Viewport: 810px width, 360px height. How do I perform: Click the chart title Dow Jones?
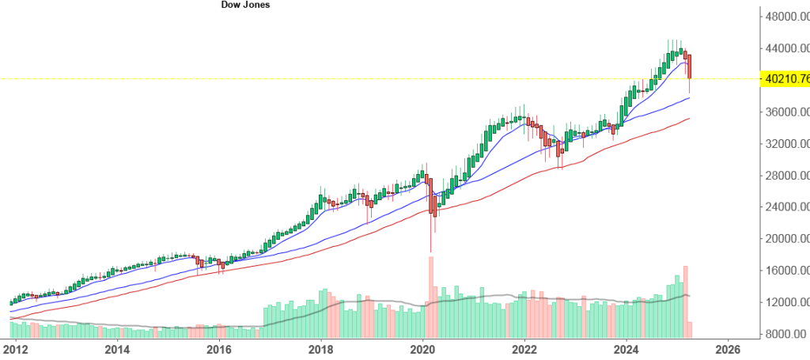click(x=246, y=5)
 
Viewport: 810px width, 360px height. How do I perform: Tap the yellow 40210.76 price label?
click(x=784, y=78)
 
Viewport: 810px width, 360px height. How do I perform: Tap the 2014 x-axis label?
click(x=117, y=348)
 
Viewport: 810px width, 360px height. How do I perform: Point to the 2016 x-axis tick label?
click(x=219, y=348)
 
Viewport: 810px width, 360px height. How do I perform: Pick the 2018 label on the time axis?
click(x=321, y=348)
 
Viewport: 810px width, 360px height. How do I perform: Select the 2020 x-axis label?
click(x=423, y=348)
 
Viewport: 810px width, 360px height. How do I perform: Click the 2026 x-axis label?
click(x=729, y=348)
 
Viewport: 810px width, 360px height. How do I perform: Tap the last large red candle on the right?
click(x=691, y=66)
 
